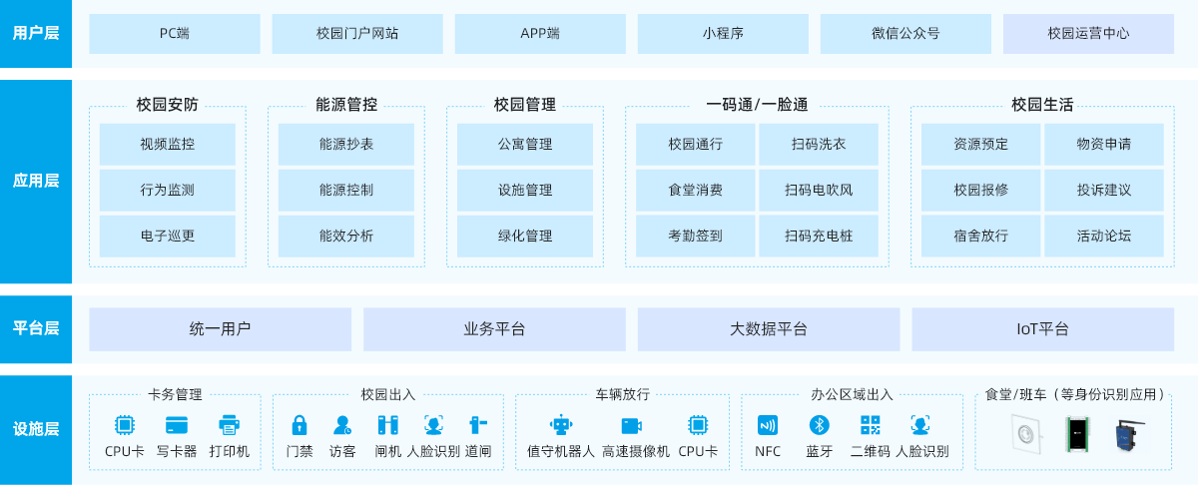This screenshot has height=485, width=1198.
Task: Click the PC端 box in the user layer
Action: click(174, 33)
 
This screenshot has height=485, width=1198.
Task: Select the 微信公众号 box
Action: click(905, 33)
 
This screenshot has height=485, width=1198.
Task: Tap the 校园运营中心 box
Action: click(1088, 33)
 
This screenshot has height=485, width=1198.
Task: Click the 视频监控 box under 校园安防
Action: click(167, 144)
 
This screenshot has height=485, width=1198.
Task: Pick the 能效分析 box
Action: click(345, 237)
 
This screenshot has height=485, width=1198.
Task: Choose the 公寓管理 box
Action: click(524, 144)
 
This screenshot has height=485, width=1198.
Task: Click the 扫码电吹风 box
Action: click(819, 190)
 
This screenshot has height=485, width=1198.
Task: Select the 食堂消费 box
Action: click(695, 190)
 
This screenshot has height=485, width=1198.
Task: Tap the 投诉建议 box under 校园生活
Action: click(1103, 190)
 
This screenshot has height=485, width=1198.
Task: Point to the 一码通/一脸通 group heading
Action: click(756, 104)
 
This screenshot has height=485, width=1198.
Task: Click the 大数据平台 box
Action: click(768, 329)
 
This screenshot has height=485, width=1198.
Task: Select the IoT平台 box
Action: click(1042, 329)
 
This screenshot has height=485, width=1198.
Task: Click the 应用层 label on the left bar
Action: click(36, 181)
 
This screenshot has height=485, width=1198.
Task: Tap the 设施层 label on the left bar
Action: click(36, 429)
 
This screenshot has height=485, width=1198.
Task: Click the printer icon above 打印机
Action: click(229, 425)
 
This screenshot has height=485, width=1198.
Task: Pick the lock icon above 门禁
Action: click(299, 425)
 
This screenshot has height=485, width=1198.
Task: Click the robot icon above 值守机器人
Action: click(561, 425)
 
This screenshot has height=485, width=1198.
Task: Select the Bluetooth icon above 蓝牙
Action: click(819, 425)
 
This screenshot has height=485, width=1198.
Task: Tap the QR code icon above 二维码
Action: click(870, 425)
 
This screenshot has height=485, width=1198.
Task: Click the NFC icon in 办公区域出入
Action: click(767, 425)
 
